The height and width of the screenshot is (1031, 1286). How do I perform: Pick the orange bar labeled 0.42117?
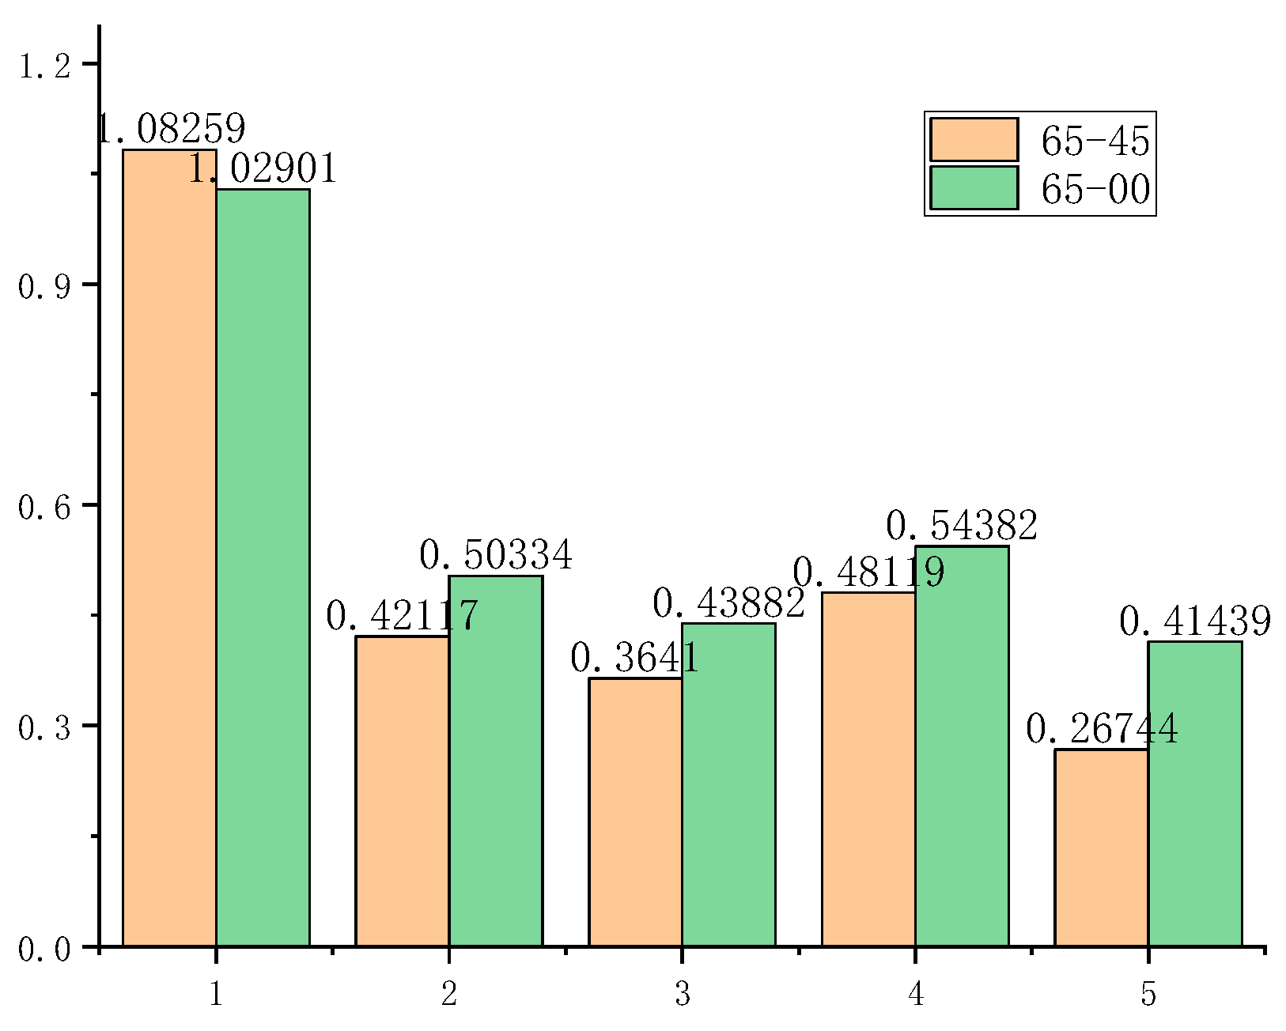coord(402,791)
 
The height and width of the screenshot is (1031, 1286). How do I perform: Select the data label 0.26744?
coord(1102,729)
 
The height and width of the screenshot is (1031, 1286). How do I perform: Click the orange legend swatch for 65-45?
coord(974,140)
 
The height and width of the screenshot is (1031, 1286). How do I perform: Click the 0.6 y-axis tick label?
coord(44,506)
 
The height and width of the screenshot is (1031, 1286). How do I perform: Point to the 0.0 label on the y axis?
coord(44,949)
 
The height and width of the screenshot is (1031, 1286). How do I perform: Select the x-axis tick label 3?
coord(683,994)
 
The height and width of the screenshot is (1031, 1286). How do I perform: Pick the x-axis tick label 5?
coord(1148,994)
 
